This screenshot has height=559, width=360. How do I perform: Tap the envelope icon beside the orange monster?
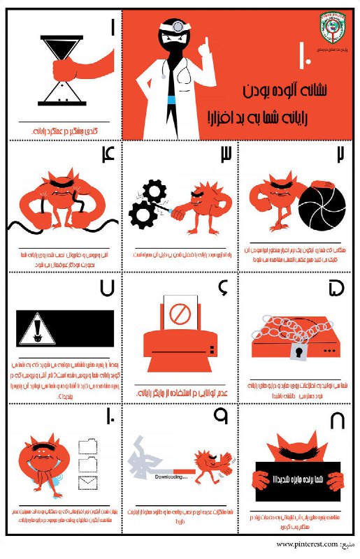(87, 481)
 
